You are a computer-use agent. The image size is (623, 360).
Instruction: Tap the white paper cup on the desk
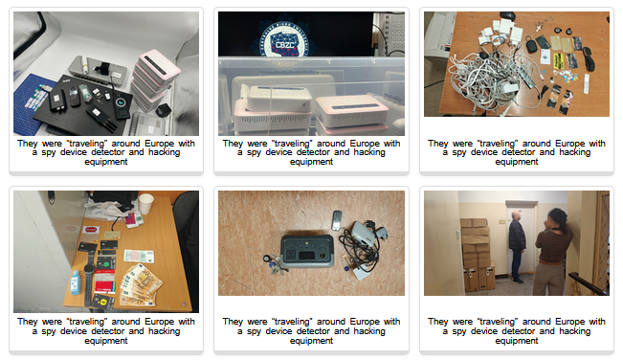(x=145, y=203)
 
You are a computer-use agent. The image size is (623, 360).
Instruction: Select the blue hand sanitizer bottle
(x=76, y=282)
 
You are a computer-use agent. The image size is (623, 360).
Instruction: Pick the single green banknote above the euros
(x=139, y=256)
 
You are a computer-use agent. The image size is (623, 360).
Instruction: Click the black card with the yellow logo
(x=103, y=302)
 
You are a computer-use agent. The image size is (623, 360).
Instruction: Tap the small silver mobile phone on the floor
(x=337, y=220)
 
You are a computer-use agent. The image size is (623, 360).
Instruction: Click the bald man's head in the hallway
(x=515, y=215)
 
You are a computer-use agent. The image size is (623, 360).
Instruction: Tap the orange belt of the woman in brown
(x=550, y=261)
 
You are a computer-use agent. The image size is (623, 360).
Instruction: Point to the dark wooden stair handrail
(x=588, y=282)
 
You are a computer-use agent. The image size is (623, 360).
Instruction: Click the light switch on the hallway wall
(x=502, y=222)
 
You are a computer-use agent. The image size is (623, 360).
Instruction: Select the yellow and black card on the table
(x=558, y=60)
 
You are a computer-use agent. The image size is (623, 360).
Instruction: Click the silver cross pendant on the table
(x=539, y=27)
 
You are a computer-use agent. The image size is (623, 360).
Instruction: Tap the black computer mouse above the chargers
(x=507, y=16)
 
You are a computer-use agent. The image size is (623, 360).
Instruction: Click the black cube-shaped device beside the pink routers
(x=163, y=110)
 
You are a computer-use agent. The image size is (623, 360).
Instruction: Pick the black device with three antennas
(x=100, y=118)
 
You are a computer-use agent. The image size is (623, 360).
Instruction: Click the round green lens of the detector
(x=120, y=102)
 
